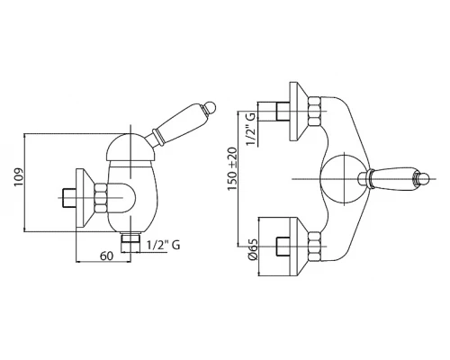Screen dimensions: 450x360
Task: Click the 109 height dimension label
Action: [x=19, y=177]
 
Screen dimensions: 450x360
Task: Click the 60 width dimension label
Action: [x=107, y=256]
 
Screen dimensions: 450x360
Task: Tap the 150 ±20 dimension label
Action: [x=232, y=168]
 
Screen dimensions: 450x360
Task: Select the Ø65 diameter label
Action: [x=253, y=249]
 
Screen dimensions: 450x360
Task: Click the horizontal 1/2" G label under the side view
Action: [x=164, y=245]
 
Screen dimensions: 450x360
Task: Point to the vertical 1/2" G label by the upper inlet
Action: [x=251, y=129]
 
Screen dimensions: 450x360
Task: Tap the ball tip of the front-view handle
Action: [x=424, y=179]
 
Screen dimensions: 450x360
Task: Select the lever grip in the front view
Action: [x=393, y=179]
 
